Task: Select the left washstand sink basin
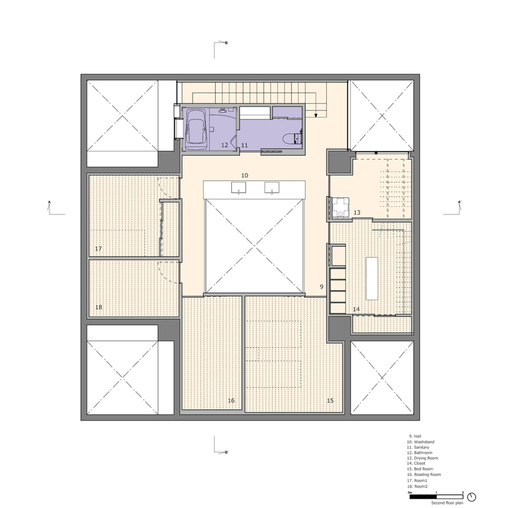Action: (x=239, y=188)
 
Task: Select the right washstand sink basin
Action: (x=272, y=188)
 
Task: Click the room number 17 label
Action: (x=98, y=249)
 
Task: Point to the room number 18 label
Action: (x=99, y=307)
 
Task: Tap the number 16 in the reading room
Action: (x=231, y=400)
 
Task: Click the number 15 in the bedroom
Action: (x=330, y=400)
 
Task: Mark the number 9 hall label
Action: (x=321, y=287)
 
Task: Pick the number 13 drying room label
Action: (x=357, y=213)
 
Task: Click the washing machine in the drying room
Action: (x=340, y=208)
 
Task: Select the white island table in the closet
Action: (x=372, y=278)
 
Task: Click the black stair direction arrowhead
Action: (x=316, y=115)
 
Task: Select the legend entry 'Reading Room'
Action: (x=424, y=474)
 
